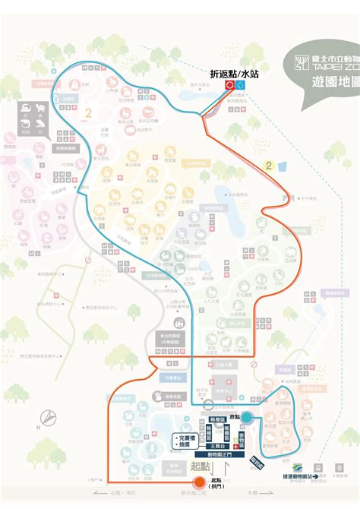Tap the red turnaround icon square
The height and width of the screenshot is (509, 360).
(229, 87)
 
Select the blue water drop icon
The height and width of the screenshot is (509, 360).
(241, 87)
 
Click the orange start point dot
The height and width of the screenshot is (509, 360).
(199, 481)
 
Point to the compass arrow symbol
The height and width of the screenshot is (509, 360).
(47, 416)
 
